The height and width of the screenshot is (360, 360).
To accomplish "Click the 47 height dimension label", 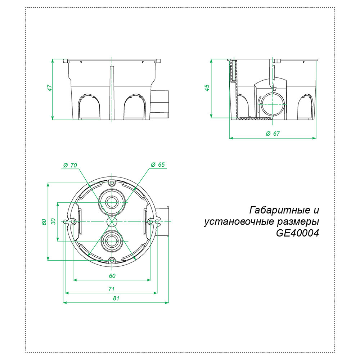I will [x=50, y=88].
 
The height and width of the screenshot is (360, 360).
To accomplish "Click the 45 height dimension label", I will [x=207, y=88].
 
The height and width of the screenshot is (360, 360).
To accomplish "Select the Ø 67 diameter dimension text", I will [x=273, y=134].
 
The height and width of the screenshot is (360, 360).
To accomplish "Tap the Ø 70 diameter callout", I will [x=70, y=165].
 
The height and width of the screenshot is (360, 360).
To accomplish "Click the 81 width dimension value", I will [x=116, y=298].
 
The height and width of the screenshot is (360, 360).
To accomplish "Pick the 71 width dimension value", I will [x=112, y=289].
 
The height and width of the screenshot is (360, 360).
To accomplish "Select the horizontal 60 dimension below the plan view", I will [x=112, y=276].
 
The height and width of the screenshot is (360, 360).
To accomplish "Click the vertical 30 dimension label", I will [x=53, y=222].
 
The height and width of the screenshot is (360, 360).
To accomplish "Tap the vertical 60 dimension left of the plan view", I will [x=44, y=222].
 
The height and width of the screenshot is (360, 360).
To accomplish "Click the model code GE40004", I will [x=298, y=233].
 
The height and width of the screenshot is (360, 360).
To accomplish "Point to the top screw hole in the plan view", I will [x=112, y=183].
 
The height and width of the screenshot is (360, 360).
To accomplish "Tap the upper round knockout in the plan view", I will [x=112, y=202].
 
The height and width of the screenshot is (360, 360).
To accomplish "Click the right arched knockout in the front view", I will [x=135, y=106].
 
